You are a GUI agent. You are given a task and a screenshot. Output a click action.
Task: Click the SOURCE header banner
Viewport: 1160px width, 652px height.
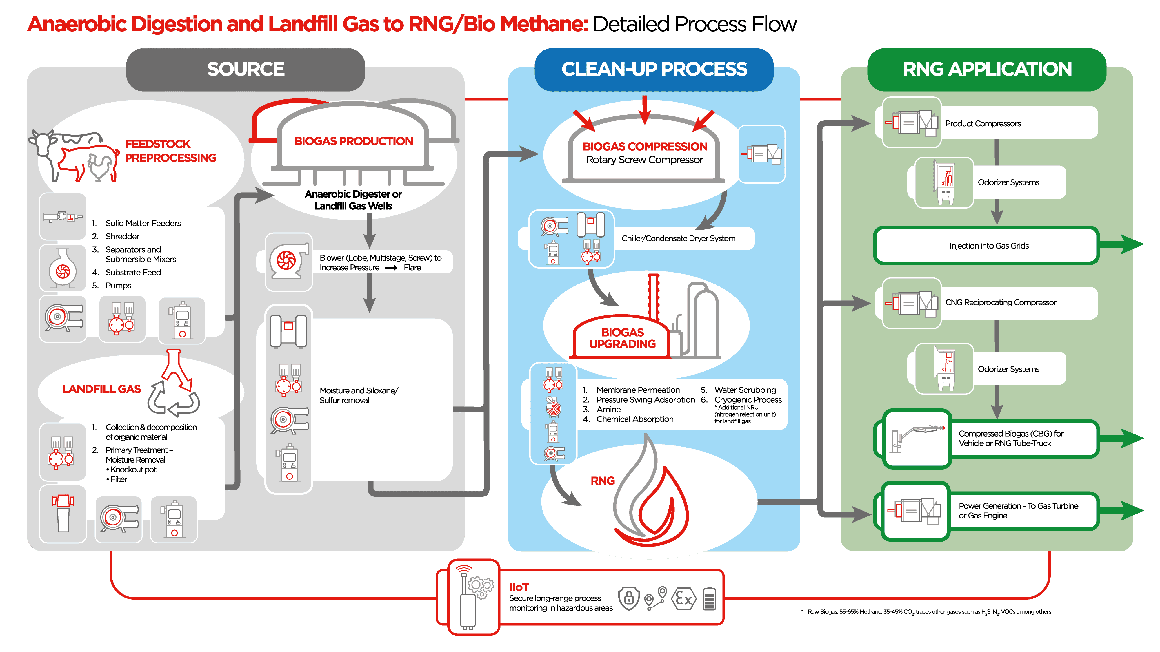click(246, 69)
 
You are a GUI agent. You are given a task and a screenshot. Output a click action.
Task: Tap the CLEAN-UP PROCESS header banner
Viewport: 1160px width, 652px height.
click(654, 69)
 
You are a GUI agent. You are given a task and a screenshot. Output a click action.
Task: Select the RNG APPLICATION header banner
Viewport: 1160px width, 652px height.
click(987, 69)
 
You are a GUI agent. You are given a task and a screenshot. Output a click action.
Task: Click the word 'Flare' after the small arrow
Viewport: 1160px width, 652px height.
click(412, 268)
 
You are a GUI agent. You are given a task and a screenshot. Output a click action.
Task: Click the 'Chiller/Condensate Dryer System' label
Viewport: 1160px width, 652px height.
click(678, 238)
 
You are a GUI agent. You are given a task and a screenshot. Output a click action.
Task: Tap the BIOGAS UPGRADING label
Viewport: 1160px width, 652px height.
click(622, 338)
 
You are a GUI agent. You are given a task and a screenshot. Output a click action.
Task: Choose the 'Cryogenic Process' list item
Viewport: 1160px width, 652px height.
click(748, 399)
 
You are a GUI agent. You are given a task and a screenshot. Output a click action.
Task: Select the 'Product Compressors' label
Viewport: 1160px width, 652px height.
click(983, 123)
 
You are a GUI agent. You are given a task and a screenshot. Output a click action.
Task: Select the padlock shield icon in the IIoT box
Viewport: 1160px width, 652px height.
click(629, 598)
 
